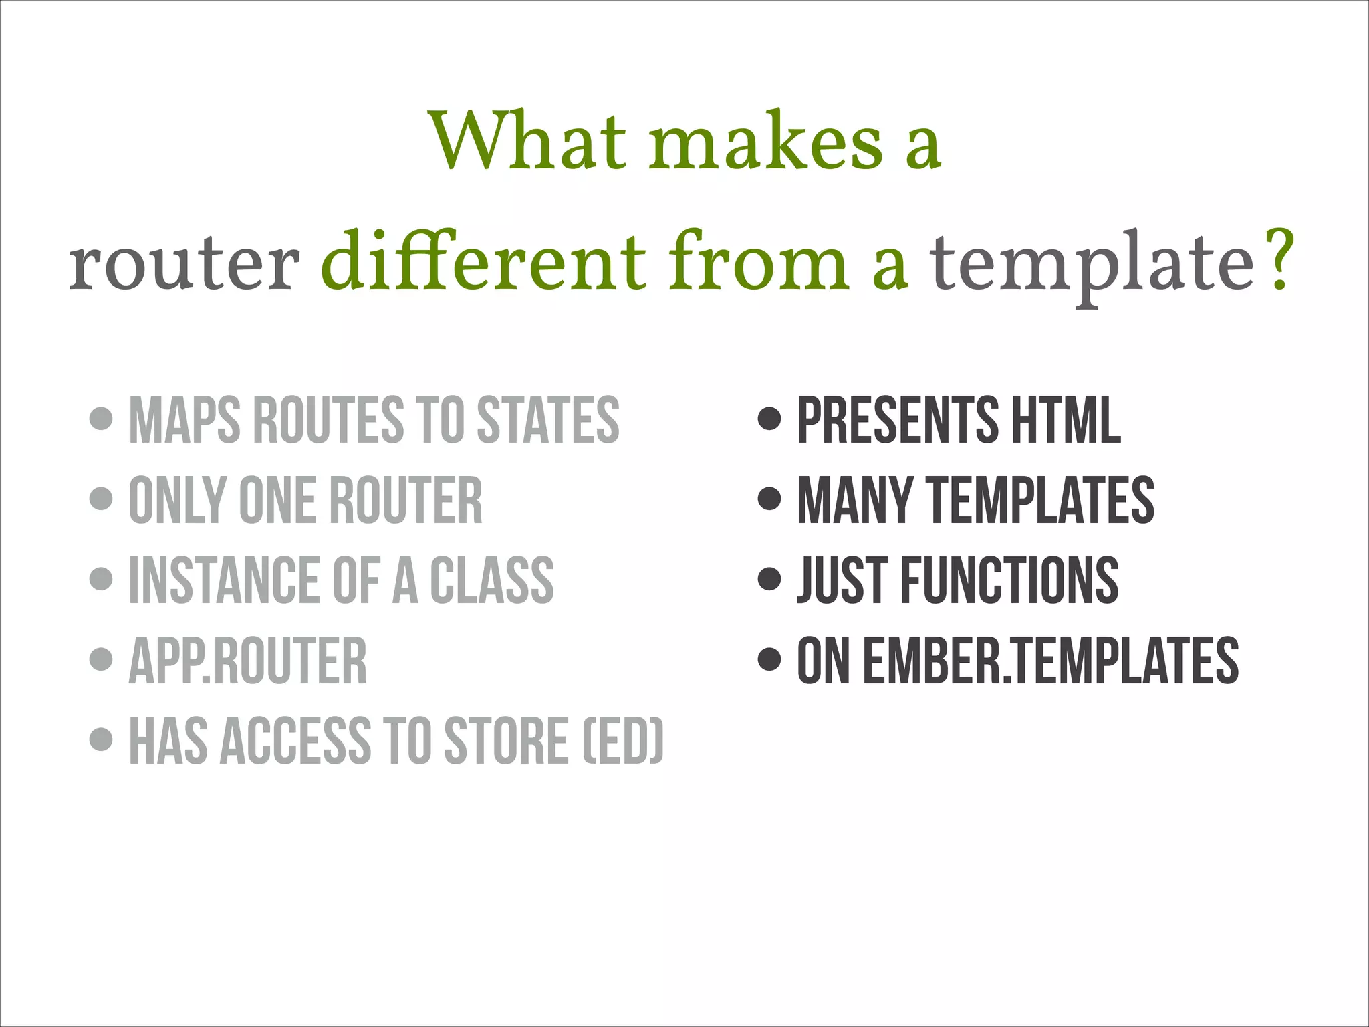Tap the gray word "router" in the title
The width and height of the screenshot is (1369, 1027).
(184, 263)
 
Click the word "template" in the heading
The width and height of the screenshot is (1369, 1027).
(1093, 265)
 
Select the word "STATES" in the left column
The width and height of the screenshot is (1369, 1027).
(548, 420)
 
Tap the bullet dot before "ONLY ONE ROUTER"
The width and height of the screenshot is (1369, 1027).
(101, 499)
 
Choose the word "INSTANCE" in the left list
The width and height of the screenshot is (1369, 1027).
(225, 580)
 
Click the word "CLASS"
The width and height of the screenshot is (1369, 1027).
(491, 580)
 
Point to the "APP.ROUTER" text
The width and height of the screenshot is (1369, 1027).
(248, 661)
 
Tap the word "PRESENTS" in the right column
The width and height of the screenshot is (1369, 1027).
(898, 420)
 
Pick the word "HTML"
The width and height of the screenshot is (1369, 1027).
(1066, 420)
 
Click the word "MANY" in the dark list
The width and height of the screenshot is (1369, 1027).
(855, 500)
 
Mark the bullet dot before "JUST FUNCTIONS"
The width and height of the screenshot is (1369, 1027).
(770, 579)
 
